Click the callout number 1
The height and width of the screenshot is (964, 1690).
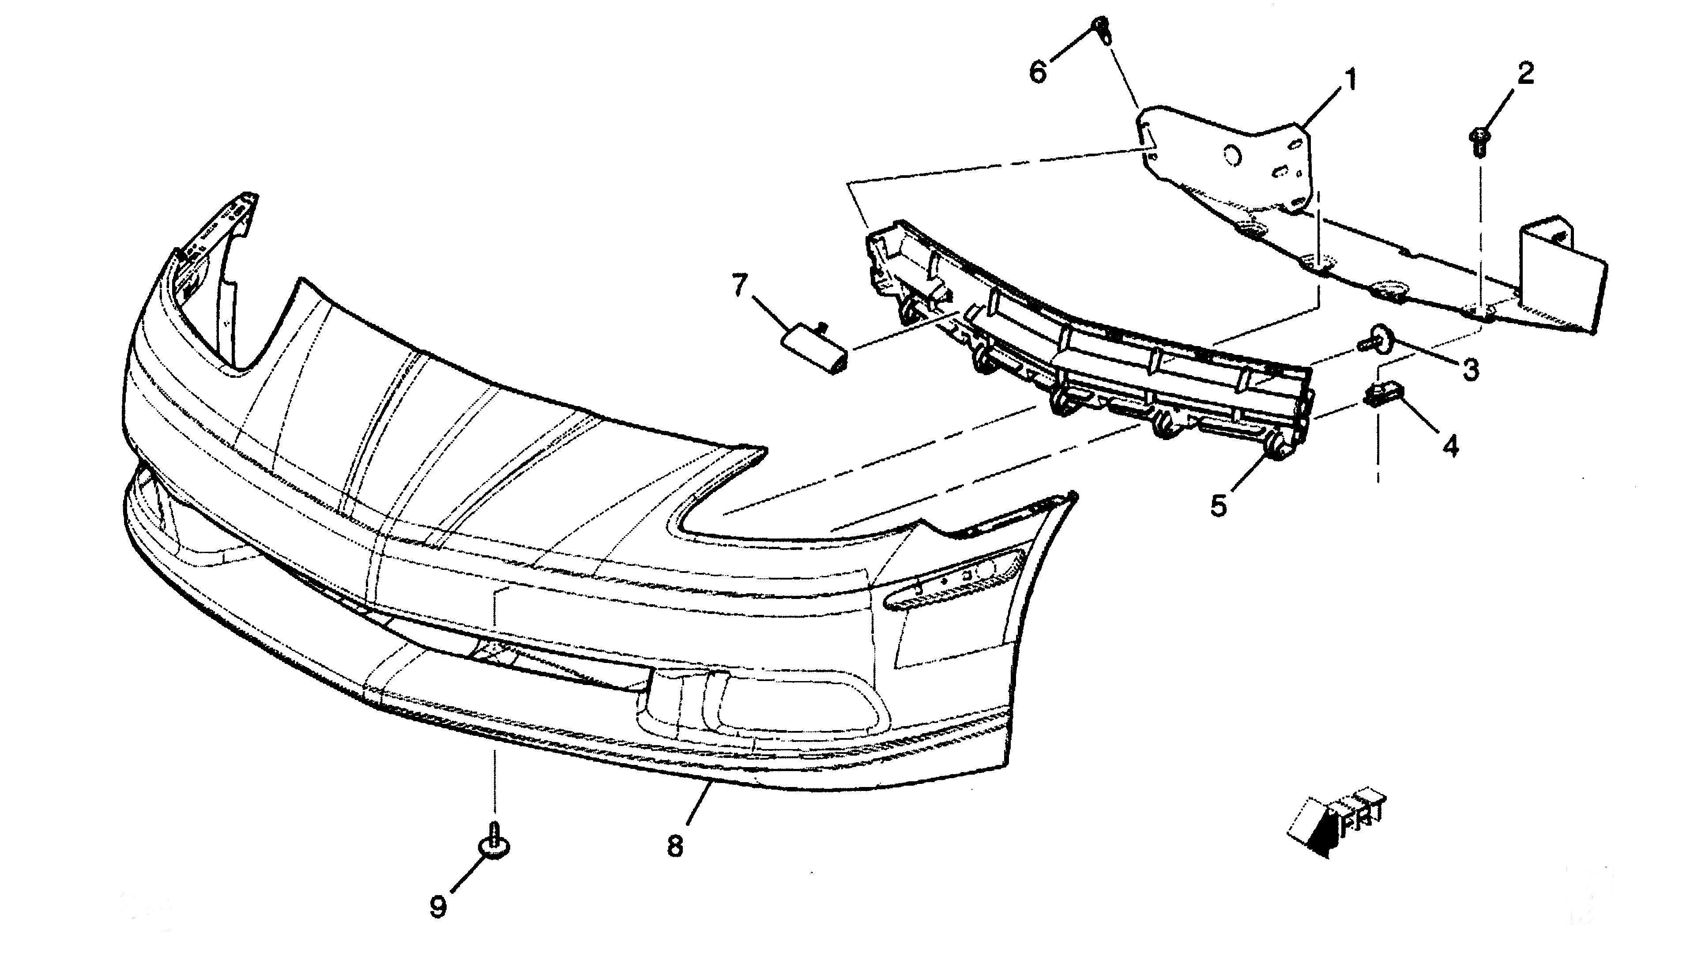[1349, 80]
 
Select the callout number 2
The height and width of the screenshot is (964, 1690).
[1525, 73]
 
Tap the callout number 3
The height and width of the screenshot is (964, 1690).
[1470, 369]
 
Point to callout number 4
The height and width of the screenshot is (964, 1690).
[1450, 446]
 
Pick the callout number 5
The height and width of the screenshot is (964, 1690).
[1219, 506]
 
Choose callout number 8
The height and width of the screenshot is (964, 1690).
[674, 847]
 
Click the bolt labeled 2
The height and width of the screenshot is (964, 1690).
[1475, 142]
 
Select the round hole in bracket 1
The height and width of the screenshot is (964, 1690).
[1233, 156]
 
